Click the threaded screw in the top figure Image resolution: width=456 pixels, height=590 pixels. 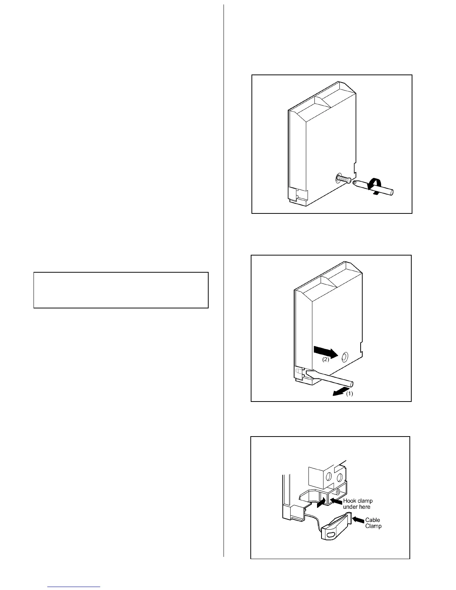point(344,180)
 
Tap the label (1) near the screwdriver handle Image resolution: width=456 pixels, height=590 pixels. point(349,394)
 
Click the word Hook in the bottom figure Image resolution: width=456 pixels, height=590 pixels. point(350,501)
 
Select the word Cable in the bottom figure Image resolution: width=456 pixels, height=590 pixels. point(373,520)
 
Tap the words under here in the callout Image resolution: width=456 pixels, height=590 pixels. point(357,507)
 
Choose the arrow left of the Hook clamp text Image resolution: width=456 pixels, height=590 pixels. point(336,502)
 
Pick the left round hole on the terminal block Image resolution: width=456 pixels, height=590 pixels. point(329,478)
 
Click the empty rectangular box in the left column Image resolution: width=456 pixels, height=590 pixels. point(121,290)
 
